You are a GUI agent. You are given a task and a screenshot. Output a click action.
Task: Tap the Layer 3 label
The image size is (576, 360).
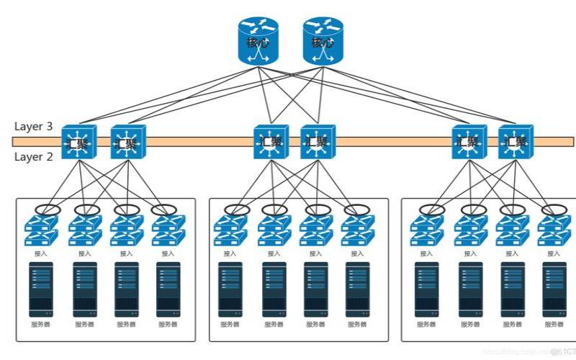(33, 127)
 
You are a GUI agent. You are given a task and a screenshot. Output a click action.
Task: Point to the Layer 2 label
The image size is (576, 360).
(33, 156)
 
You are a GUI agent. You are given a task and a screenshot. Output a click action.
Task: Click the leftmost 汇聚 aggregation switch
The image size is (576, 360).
(76, 142)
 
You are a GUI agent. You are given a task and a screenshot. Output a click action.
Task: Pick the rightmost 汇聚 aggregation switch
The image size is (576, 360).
(516, 142)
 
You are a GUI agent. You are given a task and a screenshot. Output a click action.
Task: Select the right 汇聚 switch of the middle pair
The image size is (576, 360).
(317, 142)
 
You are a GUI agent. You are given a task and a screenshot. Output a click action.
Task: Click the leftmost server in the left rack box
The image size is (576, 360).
(42, 289)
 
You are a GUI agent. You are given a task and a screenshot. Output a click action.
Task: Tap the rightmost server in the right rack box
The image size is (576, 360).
(554, 289)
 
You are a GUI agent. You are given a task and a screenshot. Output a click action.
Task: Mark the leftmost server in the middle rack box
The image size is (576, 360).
(231, 289)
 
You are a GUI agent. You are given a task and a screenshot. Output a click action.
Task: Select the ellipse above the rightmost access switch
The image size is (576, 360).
(554, 210)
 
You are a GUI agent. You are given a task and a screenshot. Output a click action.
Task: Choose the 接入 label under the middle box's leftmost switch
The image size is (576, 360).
(231, 253)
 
